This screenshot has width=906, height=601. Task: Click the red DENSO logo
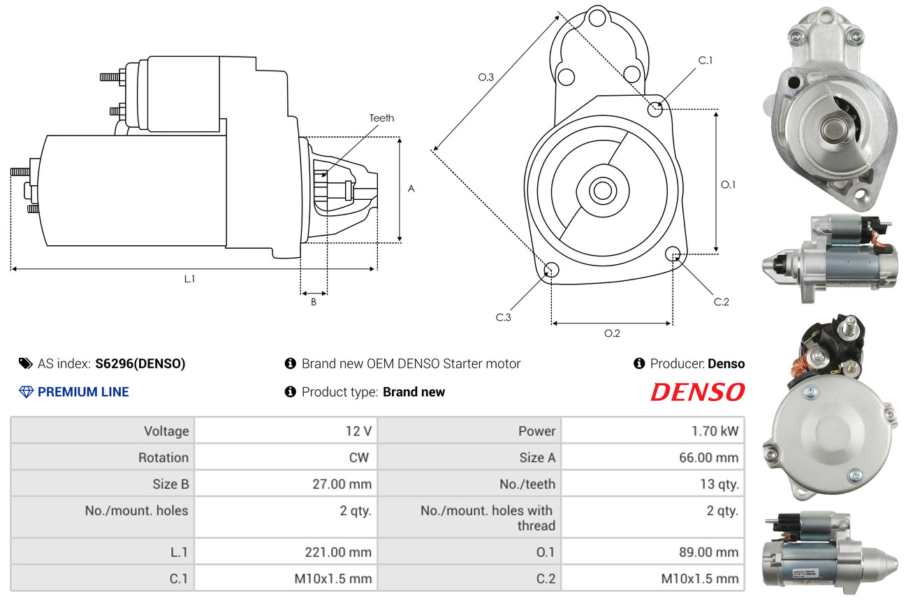[697, 392]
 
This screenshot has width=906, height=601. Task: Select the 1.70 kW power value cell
[652, 430]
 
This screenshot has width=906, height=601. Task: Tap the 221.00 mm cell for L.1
[286, 551]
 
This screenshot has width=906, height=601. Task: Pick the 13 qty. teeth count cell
[652, 484]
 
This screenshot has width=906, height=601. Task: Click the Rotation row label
[163, 457]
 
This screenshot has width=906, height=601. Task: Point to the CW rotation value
[359, 457]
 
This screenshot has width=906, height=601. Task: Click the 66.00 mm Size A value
[708, 457]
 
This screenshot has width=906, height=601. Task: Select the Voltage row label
[166, 431]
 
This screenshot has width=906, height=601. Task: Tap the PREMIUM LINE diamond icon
[27, 392]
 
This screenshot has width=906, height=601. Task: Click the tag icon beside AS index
[25, 363]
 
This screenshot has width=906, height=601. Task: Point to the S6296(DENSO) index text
[140, 363]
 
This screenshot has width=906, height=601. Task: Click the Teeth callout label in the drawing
[381, 118]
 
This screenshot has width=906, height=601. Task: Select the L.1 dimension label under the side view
[190, 279]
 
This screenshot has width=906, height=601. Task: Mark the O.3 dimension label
[485, 77]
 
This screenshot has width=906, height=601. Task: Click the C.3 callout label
[504, 317]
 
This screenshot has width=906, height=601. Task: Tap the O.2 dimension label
[612, 333]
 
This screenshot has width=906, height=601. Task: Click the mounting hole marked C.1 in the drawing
[655, 109]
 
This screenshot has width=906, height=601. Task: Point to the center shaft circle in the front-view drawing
[603, 190]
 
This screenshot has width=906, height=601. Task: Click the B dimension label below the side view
[314, 302]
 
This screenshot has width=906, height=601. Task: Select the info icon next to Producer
[639, 363]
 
